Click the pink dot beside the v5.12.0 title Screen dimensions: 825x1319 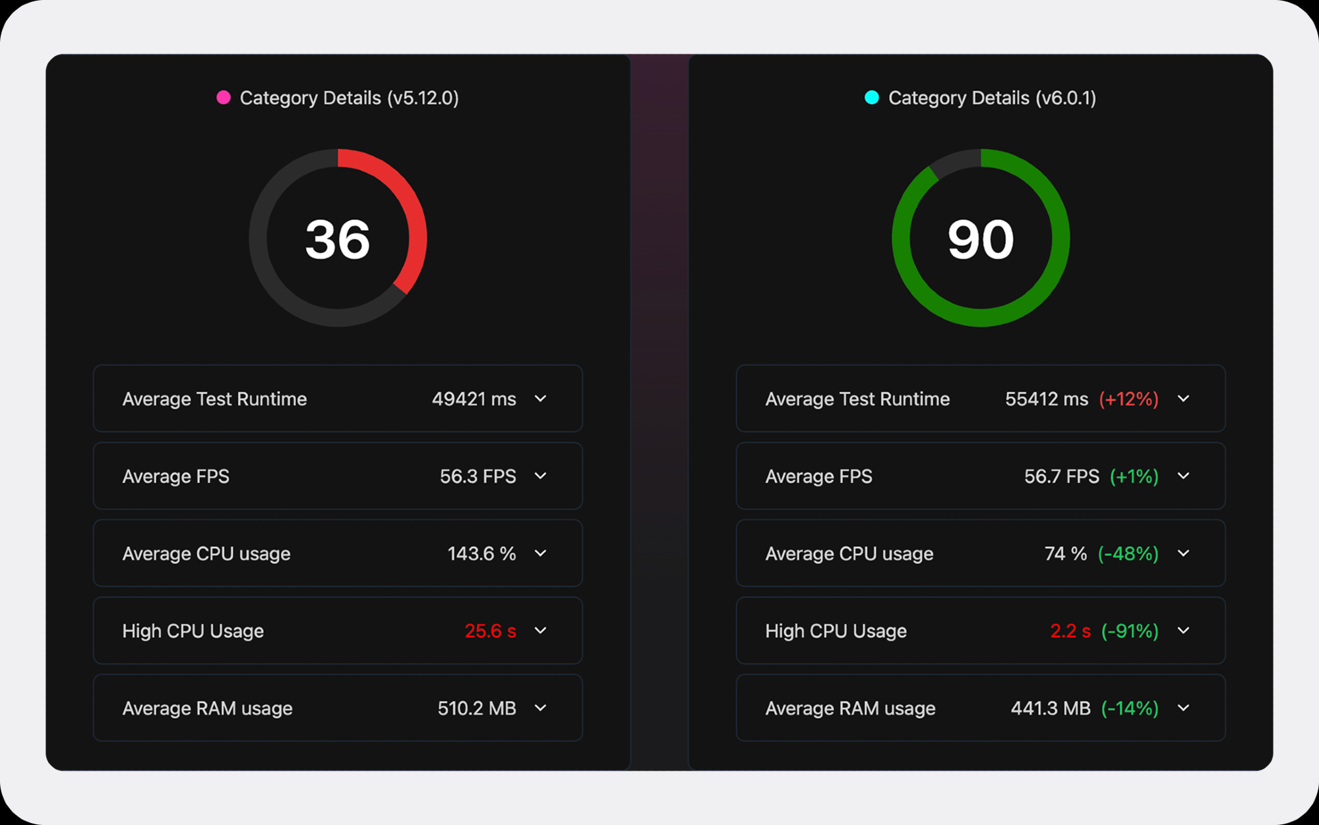(224, 98)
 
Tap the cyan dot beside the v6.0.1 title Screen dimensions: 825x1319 (872, 98)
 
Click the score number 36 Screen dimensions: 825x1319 (338, 239)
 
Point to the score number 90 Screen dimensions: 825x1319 (981, 239)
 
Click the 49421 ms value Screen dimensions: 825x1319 (474, 399)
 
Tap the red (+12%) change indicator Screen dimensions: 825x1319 (1128, 399)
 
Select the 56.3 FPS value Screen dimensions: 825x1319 (477, 476)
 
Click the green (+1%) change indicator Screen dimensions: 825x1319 (1134, 476)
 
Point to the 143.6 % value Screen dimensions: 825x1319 (481, 554)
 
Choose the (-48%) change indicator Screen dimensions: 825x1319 (1128, 554)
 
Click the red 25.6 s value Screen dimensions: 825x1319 (490, 631)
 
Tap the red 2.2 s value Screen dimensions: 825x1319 (1070, 631)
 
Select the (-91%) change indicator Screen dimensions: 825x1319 (1130, 631)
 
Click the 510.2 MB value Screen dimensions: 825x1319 (477, 708)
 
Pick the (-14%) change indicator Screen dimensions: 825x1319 (1130, 708)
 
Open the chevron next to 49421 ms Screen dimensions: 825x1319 (541, 399)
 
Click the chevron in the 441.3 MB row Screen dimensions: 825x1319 (1184, 708)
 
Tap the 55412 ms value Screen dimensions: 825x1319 (1046, 399)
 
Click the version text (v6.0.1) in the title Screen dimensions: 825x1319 (1066, 98)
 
